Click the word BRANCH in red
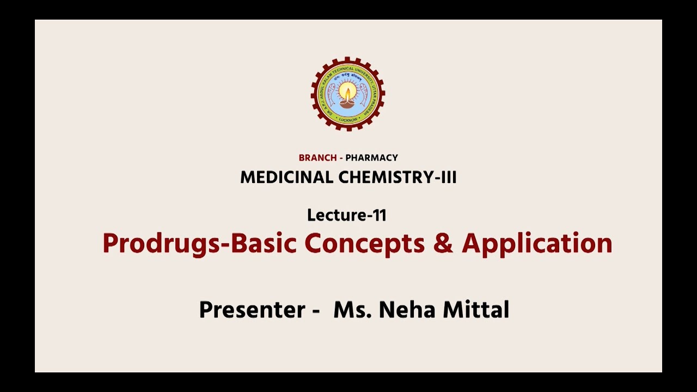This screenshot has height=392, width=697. [317, 158]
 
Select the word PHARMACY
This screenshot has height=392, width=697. [372, 158]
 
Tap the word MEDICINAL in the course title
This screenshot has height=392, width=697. [287, 177]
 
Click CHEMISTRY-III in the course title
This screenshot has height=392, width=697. [398, 177]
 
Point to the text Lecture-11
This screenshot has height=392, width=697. [347, 215]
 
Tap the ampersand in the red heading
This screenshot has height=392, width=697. [443, 243]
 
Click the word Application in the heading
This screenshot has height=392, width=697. [537, 243]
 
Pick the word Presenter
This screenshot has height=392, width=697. [252, 310]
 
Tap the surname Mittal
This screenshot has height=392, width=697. [476, 310]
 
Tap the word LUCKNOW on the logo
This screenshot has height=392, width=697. [348, 119]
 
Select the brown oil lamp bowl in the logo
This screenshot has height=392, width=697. [348, 103]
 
